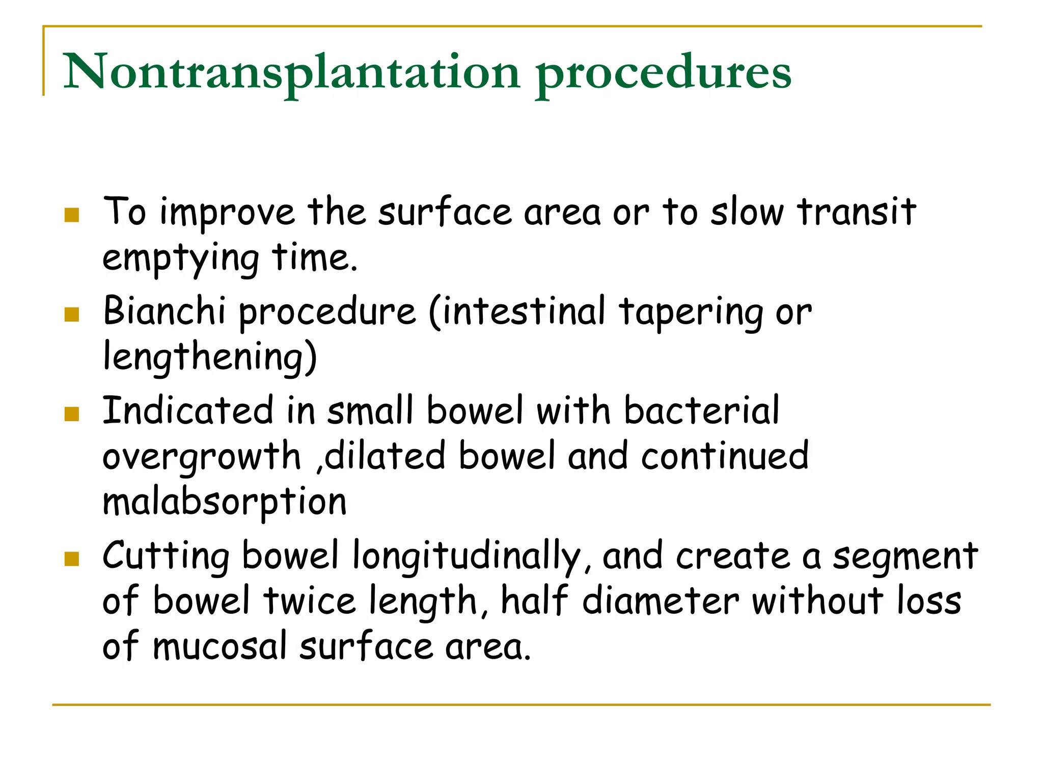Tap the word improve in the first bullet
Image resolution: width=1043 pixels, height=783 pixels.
point(227,213)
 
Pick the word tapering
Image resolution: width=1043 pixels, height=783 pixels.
point(690,312)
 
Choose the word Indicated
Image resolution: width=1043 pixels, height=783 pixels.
point(188,410)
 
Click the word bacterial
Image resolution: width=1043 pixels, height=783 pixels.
point(701,410)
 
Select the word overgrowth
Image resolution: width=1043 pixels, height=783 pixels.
point(202,457)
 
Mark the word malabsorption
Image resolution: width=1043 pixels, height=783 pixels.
point(225,502)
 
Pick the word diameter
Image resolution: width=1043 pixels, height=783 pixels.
point(660,601)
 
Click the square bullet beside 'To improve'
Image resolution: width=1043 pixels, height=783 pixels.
point(72,215)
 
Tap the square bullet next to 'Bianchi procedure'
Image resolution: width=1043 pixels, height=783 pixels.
point(72,315)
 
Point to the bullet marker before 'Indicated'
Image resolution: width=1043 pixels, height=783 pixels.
point(72,414)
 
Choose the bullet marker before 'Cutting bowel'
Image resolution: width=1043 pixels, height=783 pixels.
point(72,559)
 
